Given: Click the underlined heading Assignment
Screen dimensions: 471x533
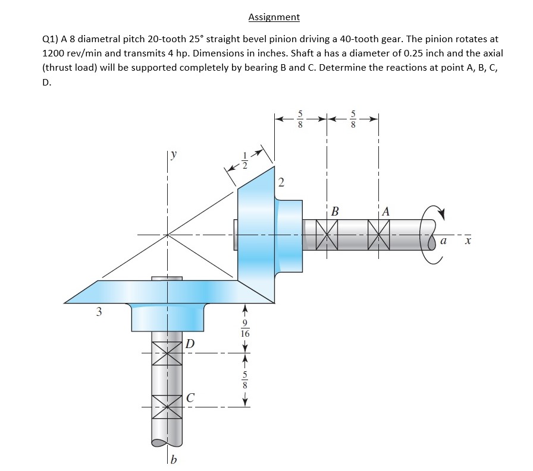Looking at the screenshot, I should pos(274,17).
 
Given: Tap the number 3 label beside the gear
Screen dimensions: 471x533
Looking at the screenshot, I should pos(99,311).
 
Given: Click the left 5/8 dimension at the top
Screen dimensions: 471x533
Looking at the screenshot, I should pos(300,119).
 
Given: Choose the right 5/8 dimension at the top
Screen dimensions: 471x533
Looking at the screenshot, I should pos(353,119).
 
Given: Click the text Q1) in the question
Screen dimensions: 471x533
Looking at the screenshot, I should pos(52,39).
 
